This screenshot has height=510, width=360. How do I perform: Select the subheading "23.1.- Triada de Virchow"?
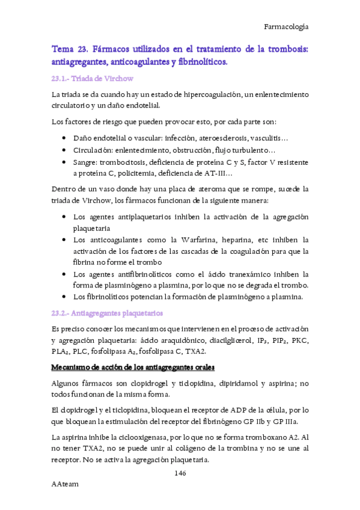click(x=92, y=79)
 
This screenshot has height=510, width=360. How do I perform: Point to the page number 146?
click(x=180, y=473)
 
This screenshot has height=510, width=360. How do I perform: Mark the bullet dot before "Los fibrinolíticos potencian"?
click(x=64, y=296)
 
